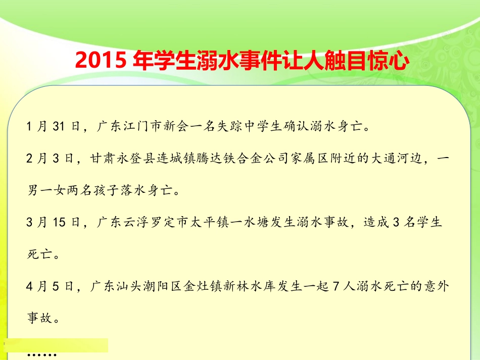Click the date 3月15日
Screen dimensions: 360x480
pyautogui.click(x=53, y=224)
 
